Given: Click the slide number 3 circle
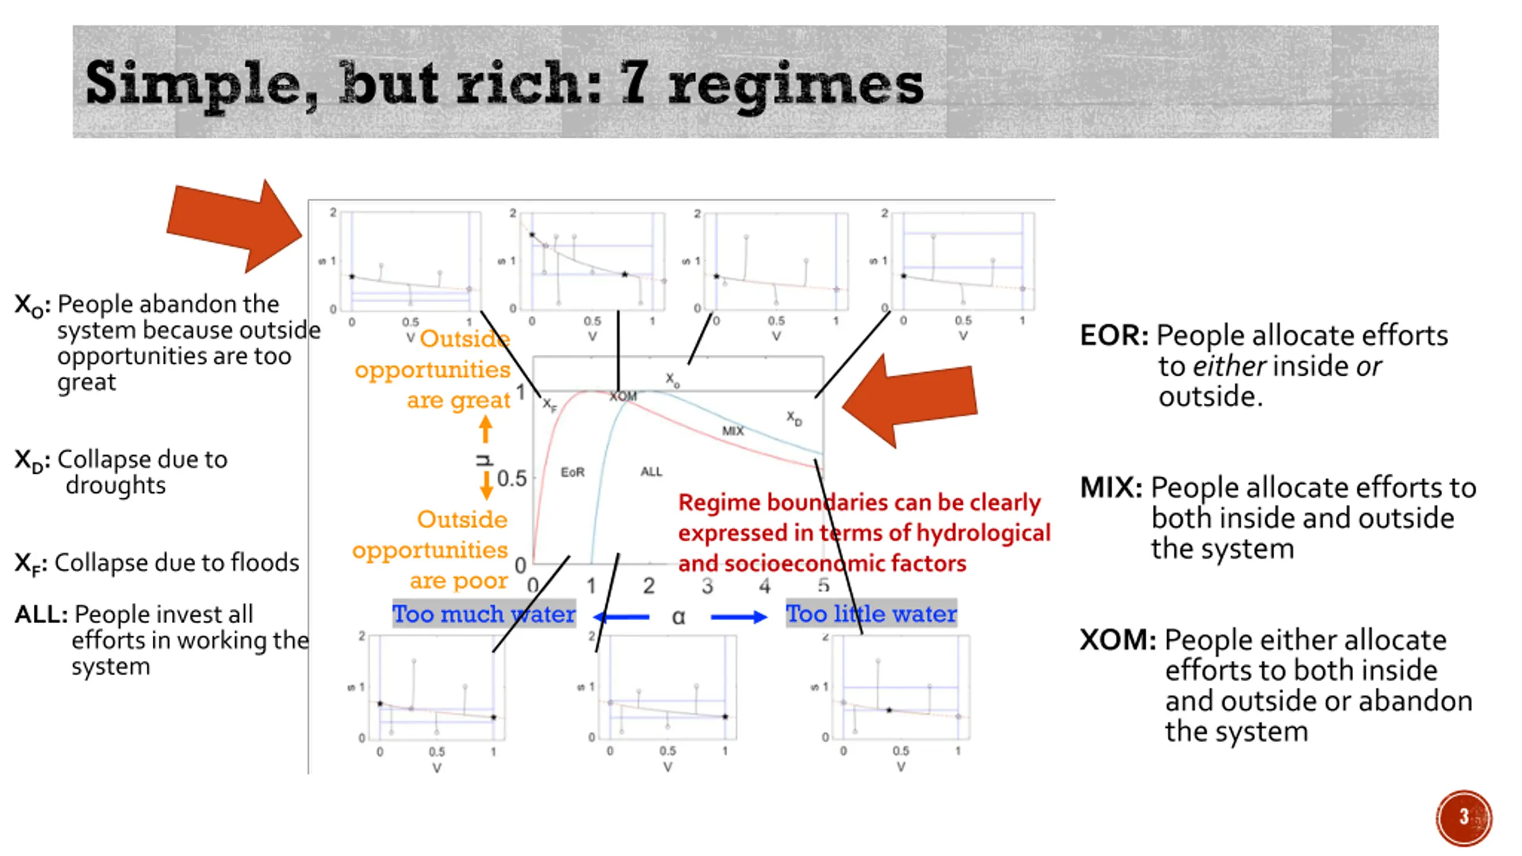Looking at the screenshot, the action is [1464, 817].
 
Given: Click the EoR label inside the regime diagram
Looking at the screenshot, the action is [573, 472].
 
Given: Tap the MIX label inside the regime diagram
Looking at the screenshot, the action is [732, 431].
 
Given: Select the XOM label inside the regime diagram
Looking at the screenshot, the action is [623, 396].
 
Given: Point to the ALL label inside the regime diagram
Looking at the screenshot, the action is [651, 471].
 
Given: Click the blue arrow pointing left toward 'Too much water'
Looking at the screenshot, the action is [621, 617].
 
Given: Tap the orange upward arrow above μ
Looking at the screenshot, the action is [486, 428].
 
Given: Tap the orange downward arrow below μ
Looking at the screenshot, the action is [486, 485].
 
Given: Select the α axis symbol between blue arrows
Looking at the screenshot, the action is [678, 617].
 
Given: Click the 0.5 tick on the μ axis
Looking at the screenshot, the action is [512, 479].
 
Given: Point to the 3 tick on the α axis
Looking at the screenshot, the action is [707, 586].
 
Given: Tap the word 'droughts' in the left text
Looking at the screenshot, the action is [116, 486].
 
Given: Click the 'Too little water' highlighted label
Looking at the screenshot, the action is [871, 614].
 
